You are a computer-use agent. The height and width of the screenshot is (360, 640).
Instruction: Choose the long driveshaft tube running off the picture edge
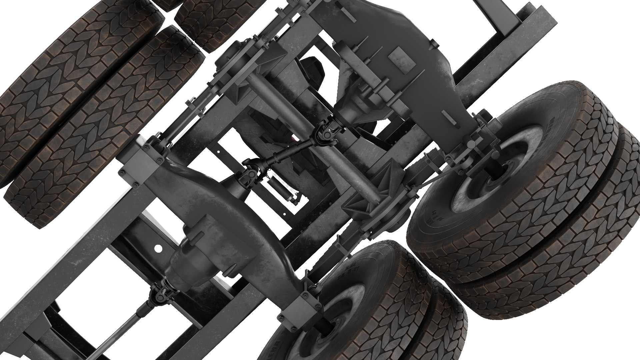click(x=117, y=337)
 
